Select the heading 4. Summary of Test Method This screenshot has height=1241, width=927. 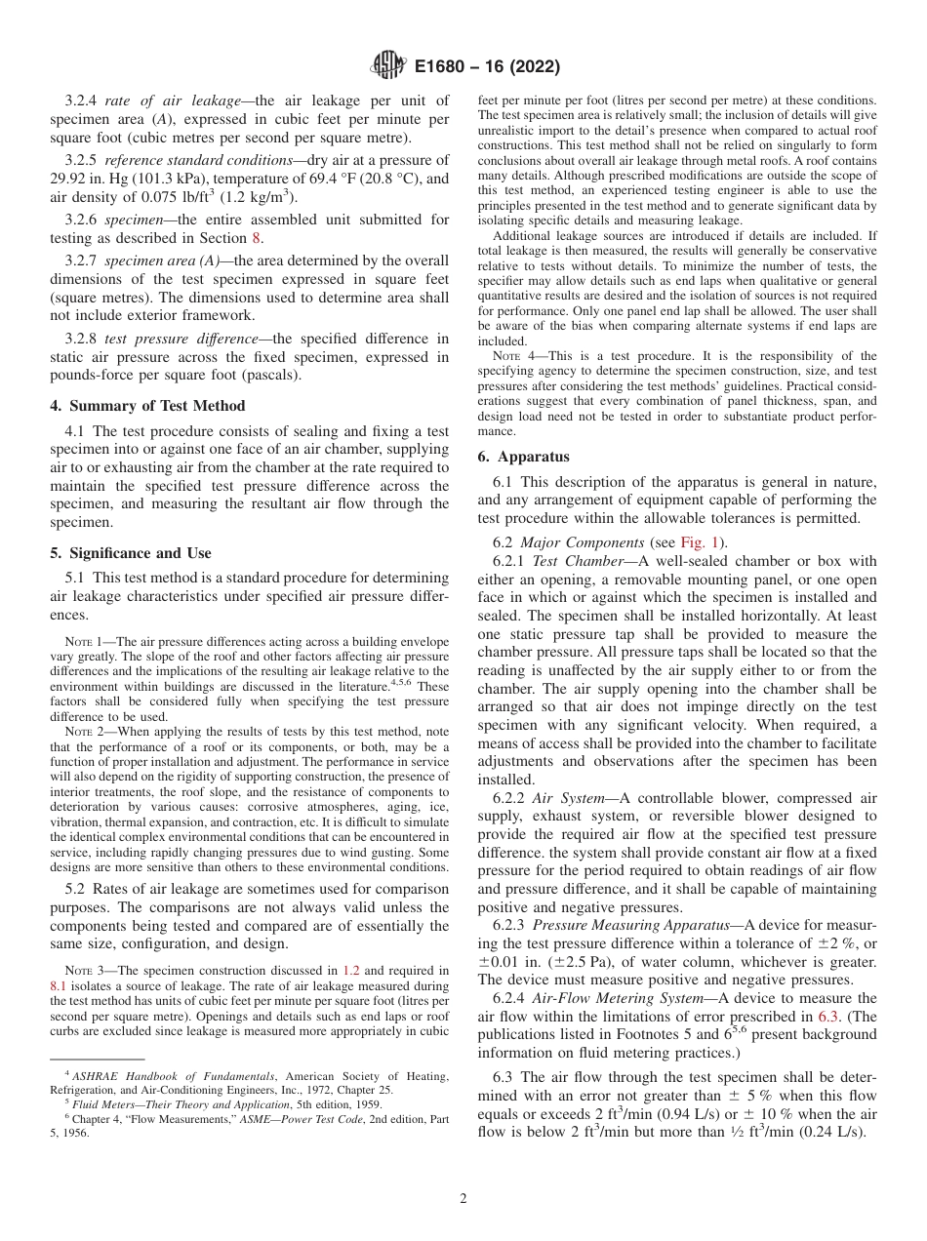tap(147, 406)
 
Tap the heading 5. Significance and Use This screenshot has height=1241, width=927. tap(131, 553)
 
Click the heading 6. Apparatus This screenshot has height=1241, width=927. tap(523, 457)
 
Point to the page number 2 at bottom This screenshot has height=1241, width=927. tap(463, 1199)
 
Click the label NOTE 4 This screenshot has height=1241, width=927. tap(511, 356)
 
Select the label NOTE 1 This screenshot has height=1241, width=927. tap(84, 642)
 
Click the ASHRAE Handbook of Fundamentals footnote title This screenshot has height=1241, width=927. tap(148, 1076)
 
